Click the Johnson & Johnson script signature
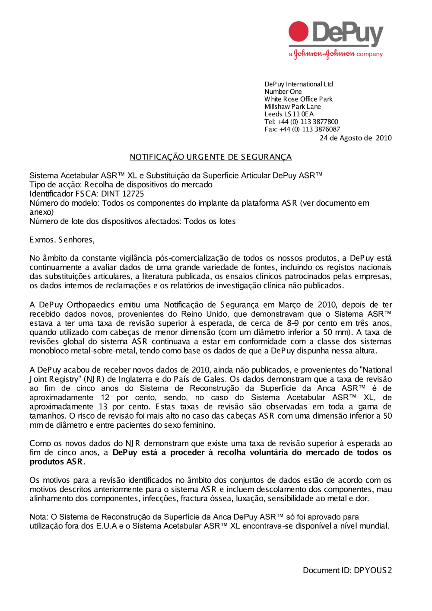pos(324,54)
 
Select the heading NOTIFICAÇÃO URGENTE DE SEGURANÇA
pos(210,157)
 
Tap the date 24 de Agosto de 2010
pos(356,138)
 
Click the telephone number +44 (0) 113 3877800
pos(308,122)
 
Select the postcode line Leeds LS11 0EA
pos(289,114)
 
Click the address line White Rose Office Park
pos(299,99)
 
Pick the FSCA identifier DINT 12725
pos(123,194)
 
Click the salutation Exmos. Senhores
pos(62,239)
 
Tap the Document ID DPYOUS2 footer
pos(347,570)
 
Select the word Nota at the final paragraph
pos(38,517)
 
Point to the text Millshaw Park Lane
pos(292,107)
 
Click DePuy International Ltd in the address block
pos(299,84)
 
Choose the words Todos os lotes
pos(210,221)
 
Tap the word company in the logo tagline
pos(370,54)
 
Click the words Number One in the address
pos(283,92)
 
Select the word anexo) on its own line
pos(41,212)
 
